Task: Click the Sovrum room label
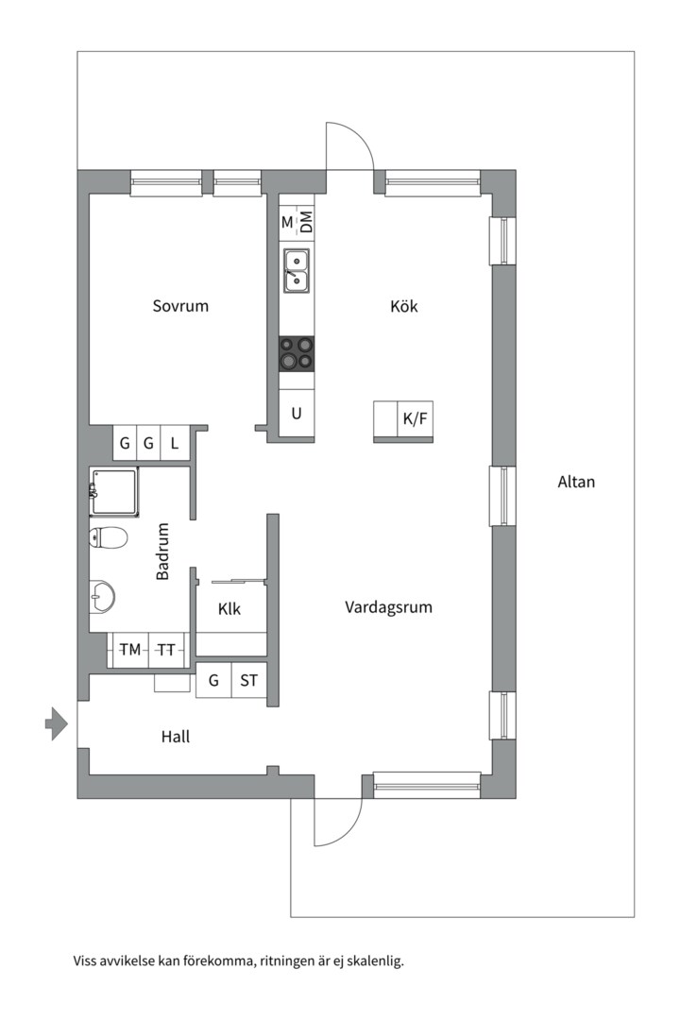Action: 180,306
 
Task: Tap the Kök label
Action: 403,306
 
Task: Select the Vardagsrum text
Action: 388,607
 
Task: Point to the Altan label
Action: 576,482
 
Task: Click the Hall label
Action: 176,737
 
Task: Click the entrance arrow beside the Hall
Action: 56,724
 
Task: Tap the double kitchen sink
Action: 297,270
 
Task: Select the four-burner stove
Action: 297,354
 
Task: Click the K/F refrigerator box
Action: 416,419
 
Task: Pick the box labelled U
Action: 297,414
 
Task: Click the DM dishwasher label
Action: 306,223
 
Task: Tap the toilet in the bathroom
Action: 108,538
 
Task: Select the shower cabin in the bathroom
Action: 114,491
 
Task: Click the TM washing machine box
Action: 129,650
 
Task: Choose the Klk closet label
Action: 229,609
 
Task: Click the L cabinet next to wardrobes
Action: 175,442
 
